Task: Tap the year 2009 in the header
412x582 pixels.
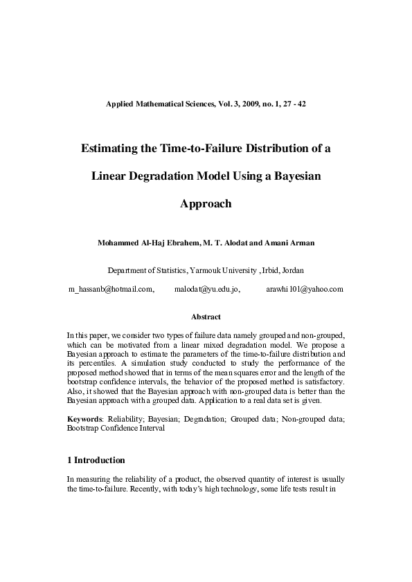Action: click(x=243, y=104)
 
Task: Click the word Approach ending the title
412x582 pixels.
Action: click(x=206, y=204)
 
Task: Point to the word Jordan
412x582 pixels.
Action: click(x=292, y=270)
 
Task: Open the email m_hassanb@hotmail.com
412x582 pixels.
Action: click(x=111, y=289)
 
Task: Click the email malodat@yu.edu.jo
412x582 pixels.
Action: click(x=207, y=289)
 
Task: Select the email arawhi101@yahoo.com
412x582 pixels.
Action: click(x=305, y=289)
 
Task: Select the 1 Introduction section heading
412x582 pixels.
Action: click(x=96, y=460)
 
